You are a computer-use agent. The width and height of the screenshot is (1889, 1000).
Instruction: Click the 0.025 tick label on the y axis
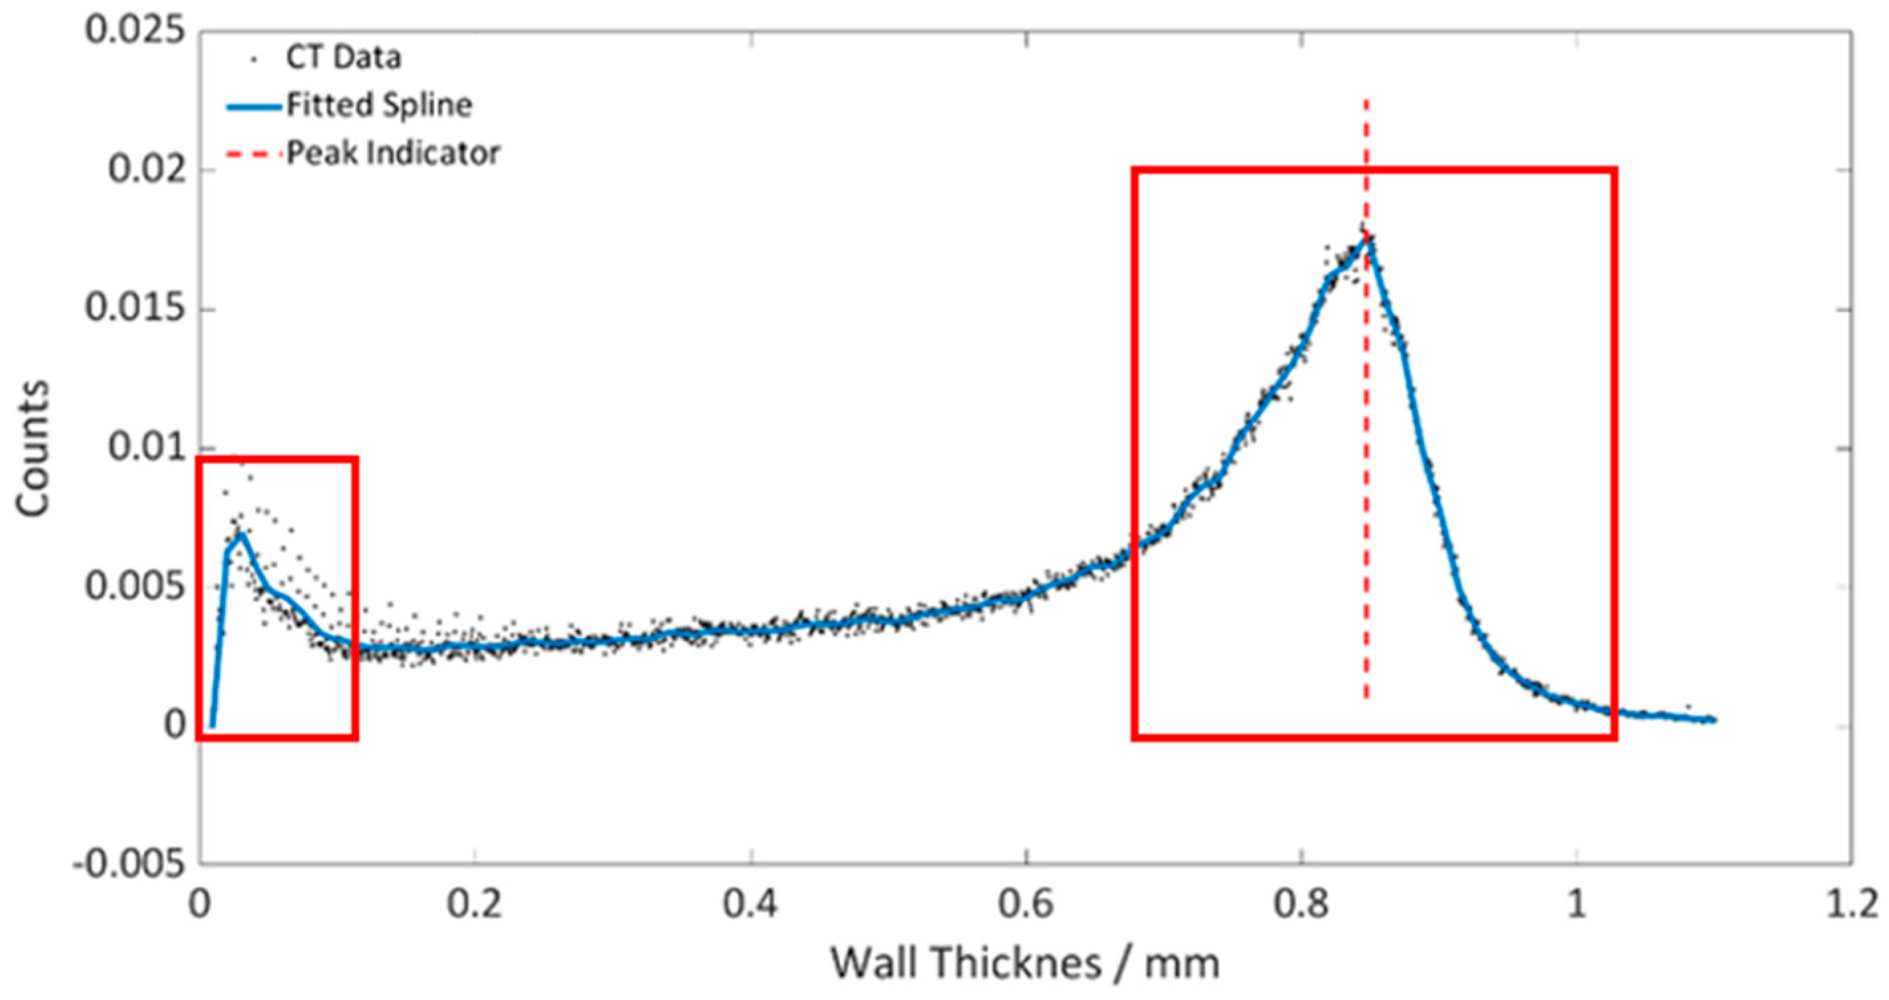(135, 33)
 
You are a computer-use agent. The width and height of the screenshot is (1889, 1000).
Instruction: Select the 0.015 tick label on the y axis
(135, 309)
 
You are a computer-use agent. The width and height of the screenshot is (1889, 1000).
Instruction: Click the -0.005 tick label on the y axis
(129, 865)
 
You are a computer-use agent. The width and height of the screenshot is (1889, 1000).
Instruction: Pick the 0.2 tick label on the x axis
(475, 904)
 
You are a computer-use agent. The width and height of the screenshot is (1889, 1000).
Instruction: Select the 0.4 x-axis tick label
(750, 904)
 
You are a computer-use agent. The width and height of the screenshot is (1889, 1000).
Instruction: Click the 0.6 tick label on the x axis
(1026, 904)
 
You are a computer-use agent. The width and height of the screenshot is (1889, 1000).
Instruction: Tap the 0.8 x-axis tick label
(1301, 904)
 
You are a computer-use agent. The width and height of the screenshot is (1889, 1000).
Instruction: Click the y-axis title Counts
(33, 449)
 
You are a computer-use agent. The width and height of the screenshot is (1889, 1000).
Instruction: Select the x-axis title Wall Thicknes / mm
(1025, 963)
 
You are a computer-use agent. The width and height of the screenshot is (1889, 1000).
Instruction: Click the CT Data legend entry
(343, 58)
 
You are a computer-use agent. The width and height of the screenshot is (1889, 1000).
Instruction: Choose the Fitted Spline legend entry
(378, 106)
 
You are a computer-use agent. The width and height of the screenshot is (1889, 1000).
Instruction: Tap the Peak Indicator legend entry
(393, 153)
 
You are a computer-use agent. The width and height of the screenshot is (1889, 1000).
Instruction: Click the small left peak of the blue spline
(241, 535)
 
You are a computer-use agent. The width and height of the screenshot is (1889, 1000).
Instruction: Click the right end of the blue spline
(1714, 720)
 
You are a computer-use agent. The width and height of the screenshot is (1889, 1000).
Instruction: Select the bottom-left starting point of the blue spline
(212, 726)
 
